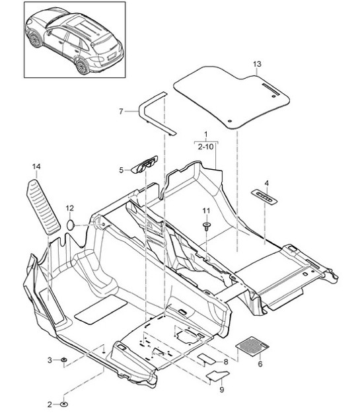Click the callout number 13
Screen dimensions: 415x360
(257, 63)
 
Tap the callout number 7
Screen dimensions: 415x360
(121, 111)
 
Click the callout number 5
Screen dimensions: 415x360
(122, 170)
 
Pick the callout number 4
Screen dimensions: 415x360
(266, 182)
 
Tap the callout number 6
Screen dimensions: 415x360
(260, 364)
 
